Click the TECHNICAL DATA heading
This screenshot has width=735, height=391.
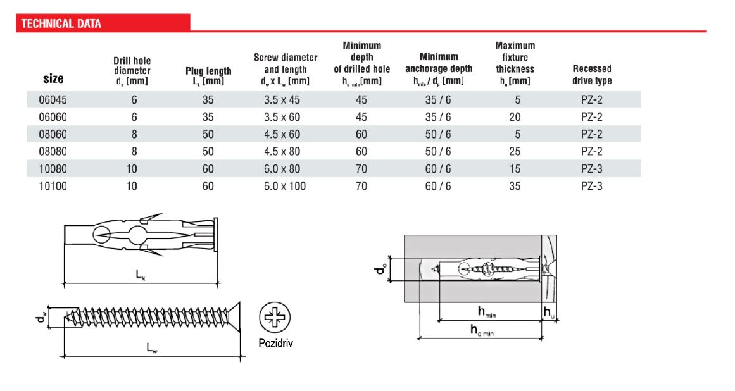click(x=61, y=24)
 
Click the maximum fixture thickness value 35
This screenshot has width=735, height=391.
click(x=515, y=186)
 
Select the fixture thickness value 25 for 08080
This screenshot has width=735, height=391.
click(x=515, y=151)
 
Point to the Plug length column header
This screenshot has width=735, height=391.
click(x=208, y=76)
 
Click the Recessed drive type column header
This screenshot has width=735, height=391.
click(x=592, y=75)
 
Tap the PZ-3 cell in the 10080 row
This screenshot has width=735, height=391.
click(x=592, y=169)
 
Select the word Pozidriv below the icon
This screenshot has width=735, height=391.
click(x=276, y=344)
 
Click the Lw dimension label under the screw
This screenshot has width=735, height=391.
click(x=153, y=348)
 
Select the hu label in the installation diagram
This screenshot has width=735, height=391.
click(x=550, y=312)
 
